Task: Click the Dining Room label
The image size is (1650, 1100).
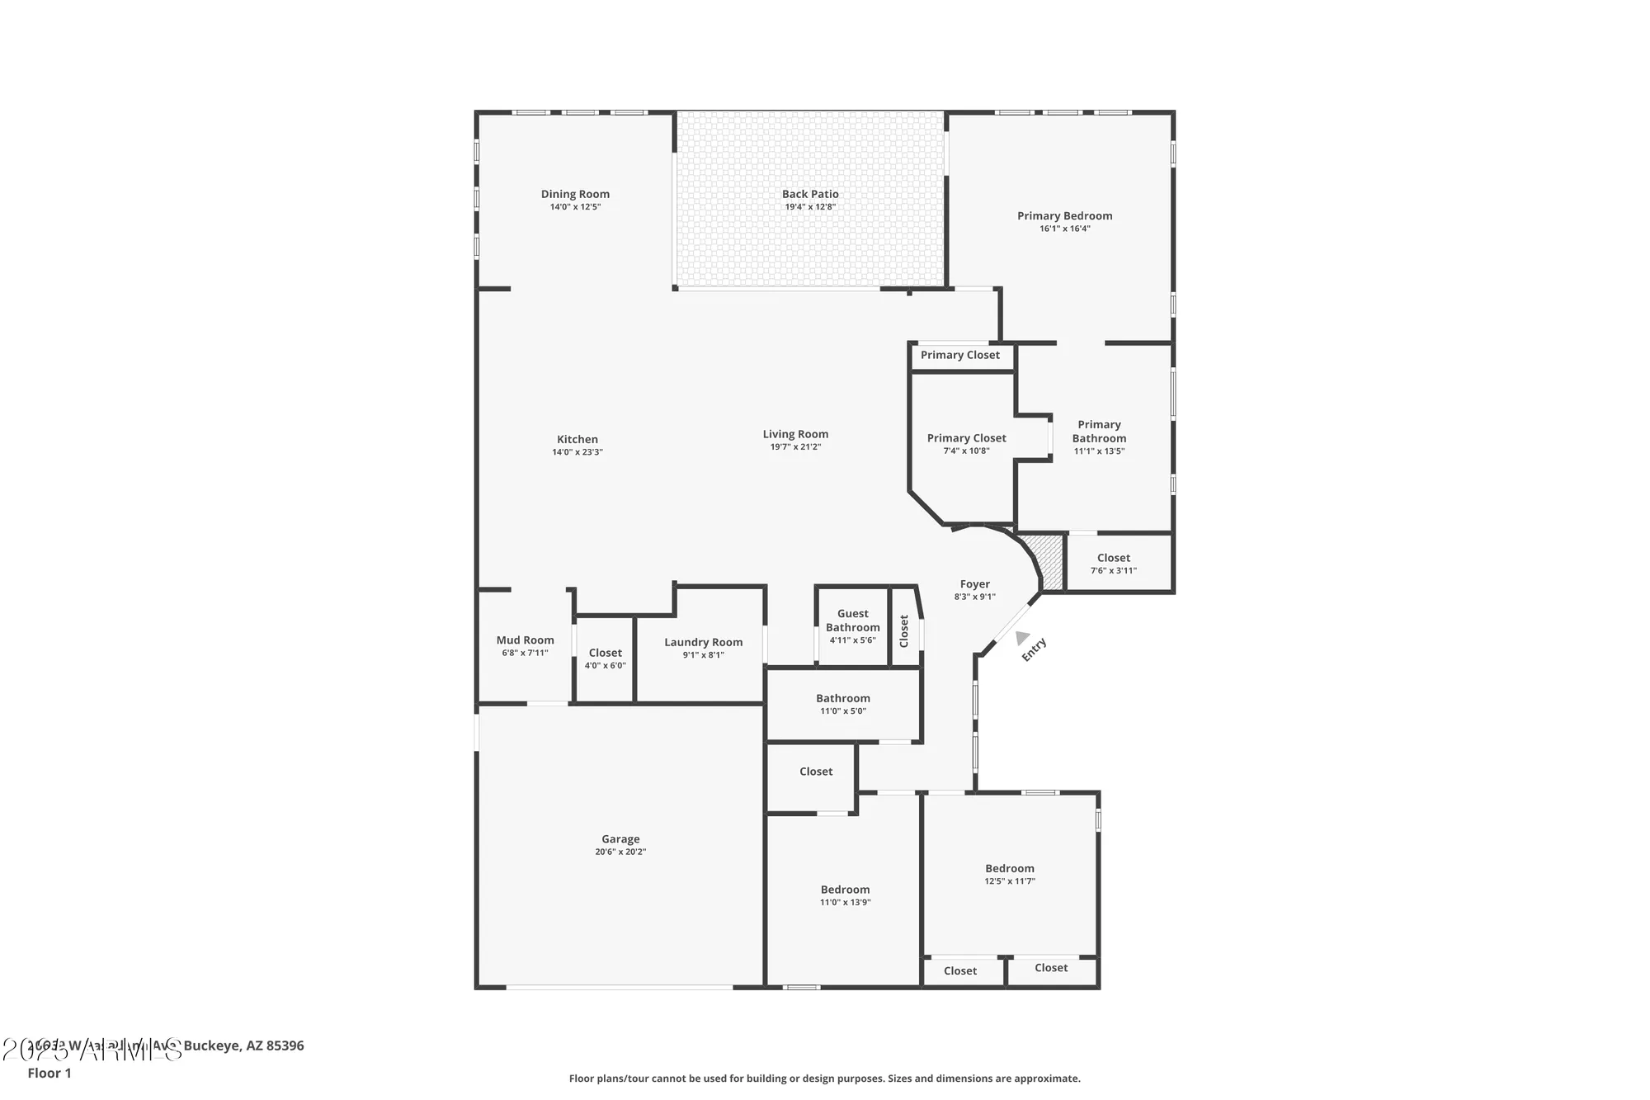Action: [575, 194]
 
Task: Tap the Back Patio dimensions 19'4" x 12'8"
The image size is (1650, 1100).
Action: [810, 207]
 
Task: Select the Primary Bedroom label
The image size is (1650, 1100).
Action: [1064, 215]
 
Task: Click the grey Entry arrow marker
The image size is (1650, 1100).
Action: [1021, 638]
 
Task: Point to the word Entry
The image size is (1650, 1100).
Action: [1035, 649]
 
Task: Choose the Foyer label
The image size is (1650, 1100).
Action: [974, 583]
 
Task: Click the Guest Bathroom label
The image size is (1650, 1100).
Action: [852, 620]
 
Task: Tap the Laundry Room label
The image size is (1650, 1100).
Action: [703, 642]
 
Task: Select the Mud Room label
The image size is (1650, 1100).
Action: [525, 640]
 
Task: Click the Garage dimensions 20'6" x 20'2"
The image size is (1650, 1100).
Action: [620, 852]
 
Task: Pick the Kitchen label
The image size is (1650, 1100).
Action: [577, 439]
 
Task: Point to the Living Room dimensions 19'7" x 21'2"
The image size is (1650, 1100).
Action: [795, 447]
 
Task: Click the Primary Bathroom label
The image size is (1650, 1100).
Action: [1099, 431]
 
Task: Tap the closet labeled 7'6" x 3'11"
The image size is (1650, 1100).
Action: [1113, 564]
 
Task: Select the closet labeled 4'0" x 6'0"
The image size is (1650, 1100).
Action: [605, 659]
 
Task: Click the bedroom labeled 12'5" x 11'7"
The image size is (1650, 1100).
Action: [1009, 874]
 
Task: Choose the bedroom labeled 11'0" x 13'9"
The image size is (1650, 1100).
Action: [845, 895]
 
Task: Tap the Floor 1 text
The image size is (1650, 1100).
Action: [49, 1073]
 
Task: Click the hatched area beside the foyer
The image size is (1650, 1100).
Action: [1049, 562]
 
